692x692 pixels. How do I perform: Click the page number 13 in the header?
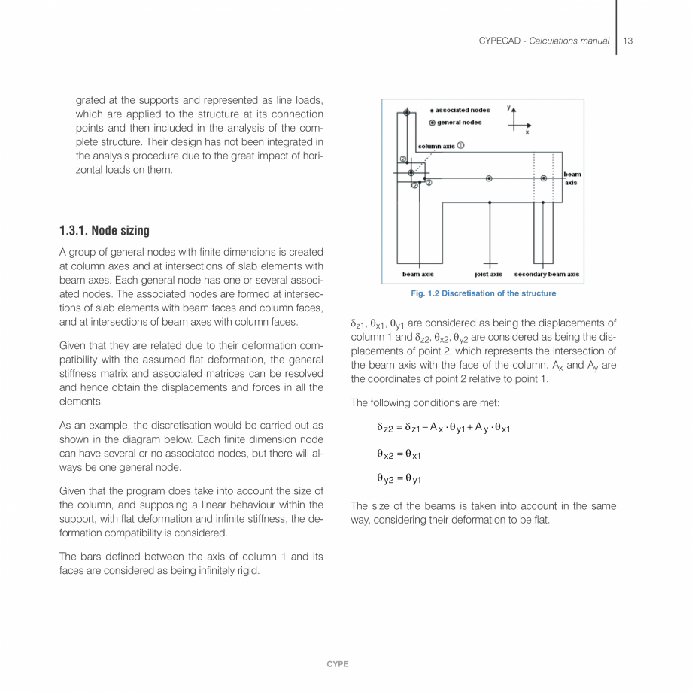(x=627, y=41)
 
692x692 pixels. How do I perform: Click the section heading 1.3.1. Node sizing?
(x=105, y=231)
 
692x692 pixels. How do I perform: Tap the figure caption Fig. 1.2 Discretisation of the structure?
(x=484, y=293)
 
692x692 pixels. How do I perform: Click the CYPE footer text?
(x=338, y=664)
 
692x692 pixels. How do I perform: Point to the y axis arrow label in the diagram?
(x=509, y=108)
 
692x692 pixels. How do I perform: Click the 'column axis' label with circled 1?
(x=441, y=146)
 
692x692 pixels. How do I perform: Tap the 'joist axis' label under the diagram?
(x=489, y=275)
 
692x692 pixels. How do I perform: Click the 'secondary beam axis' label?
(x=547, y=275)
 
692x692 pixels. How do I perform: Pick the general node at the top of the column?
(x=407, y=112)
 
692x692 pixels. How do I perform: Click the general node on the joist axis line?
(x=490, y=178)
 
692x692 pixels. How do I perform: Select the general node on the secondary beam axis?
(x=543, y=178)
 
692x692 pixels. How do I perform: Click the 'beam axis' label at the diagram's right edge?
(x=572, y=178)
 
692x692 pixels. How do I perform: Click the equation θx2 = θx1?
(x=399, y=454)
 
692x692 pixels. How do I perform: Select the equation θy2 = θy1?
(x=399, y=478)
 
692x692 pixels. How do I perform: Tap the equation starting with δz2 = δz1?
(x=444, y=428)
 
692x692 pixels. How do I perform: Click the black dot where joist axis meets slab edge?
(x=490, y=202)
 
